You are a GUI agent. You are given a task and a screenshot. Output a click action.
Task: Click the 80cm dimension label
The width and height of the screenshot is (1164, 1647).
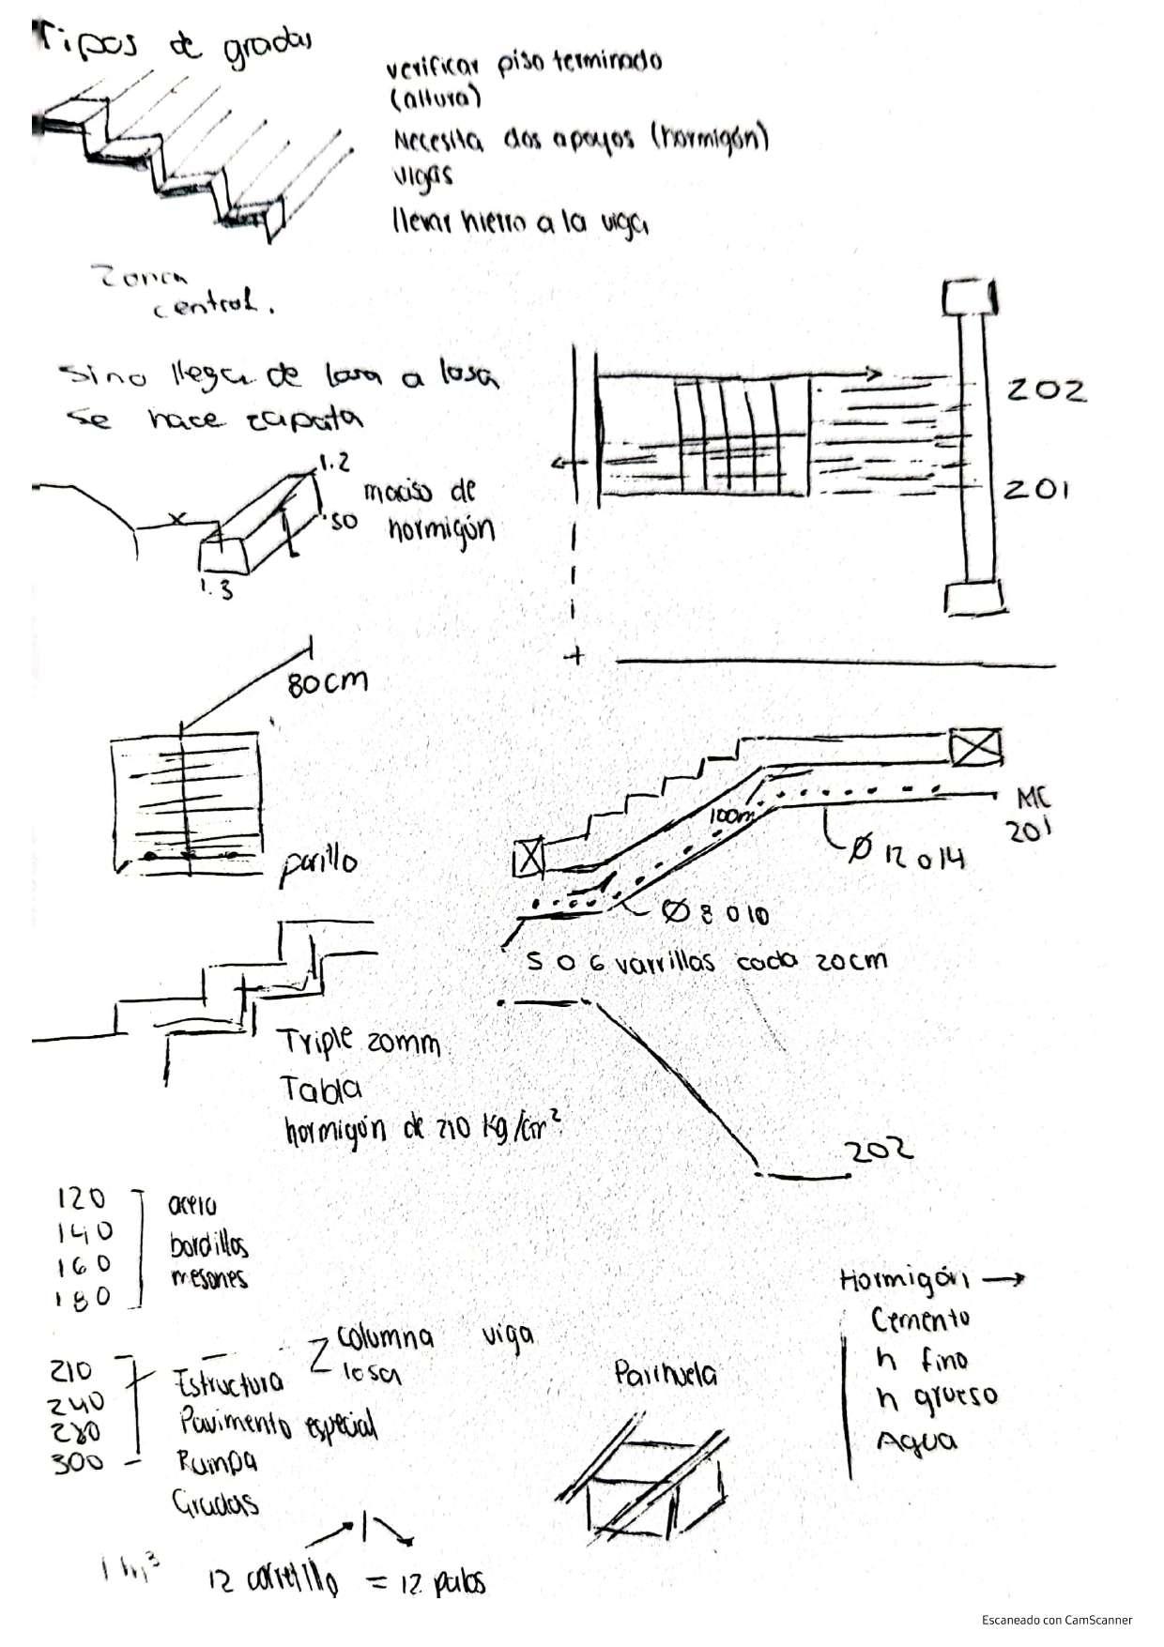tap(328, 683)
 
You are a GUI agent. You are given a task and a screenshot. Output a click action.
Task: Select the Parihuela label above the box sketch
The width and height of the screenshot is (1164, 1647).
tap(666, 1376)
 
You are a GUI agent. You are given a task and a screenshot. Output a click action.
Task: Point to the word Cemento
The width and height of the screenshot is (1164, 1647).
tap(920, 1320)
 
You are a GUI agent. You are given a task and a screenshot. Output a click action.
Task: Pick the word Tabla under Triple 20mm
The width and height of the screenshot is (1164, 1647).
tap(321, 1089)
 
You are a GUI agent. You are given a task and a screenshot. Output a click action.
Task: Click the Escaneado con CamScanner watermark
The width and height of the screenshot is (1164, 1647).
tap(1057, 1620)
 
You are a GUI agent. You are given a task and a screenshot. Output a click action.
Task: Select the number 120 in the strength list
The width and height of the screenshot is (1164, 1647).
tap(82, 1199)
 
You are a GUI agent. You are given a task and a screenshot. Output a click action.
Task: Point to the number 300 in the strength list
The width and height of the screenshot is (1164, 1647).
tap(78, 1462)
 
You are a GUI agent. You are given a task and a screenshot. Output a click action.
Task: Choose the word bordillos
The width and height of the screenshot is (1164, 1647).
tap(208, 1245)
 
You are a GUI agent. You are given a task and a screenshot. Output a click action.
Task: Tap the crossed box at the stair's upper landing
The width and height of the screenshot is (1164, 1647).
tap(974, 748)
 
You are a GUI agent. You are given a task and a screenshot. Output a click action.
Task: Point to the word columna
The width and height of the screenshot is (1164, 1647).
tap(385, 1336)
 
